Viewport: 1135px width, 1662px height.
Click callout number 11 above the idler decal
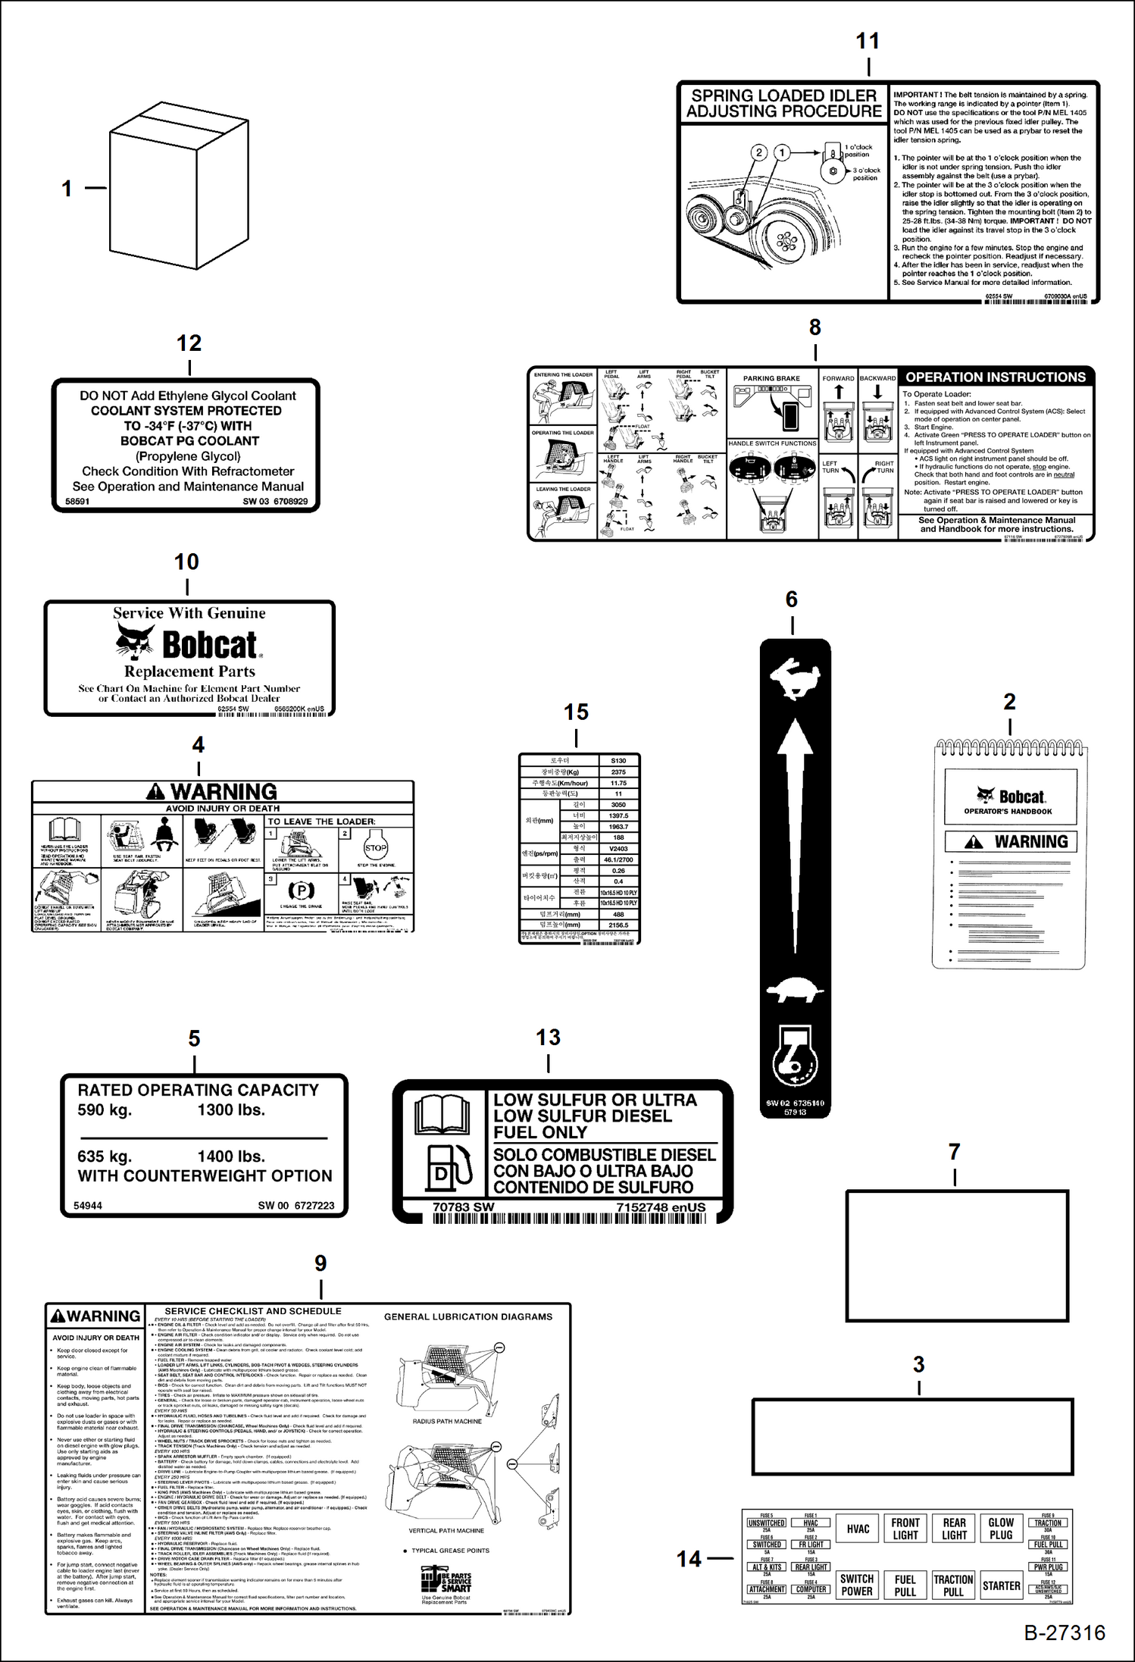pyautogui.click(x=868, y=41)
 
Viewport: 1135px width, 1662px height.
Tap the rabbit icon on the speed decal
pyautogui.click(x=793, y=677)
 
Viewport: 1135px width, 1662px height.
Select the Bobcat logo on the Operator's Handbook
pyautogui.click(x=1009, y=797)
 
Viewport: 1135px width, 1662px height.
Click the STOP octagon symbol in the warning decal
pyautogui.click(x=376, y=848)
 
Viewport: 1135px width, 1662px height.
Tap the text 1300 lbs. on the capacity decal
pyautogui.click(x=231, y=1110)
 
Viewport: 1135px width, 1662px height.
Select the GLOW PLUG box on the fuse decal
pyautogui.click(x=1001, y=1529)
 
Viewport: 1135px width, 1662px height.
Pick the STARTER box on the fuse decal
pyautogui.click(x=1001, y=1585)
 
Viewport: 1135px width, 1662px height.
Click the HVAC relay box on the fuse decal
pyautogui.click(x=858, y=1529)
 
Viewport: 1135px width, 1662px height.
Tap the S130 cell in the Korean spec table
pyautogui.click(x=618, y=760)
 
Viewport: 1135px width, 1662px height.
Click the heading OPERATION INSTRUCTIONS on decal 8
pyautogui.click(x=996, y=377)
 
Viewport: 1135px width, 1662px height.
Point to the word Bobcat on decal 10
pyautogui.click(x=210, y=645)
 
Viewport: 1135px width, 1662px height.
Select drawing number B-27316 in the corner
pyautogui.click(x=1064, y=1633)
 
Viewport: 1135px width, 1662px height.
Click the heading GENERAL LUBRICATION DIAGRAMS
pyautogui.click(x=468, y=1317)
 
